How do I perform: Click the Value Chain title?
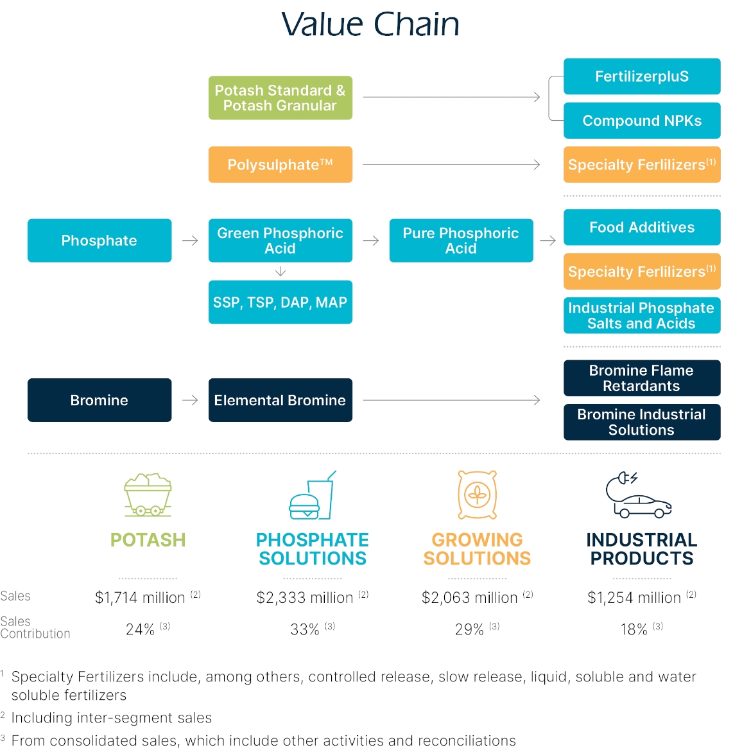[x=370, y=24]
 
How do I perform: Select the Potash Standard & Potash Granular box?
[x=280, y=98]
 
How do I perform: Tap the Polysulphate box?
[x=280, y=164]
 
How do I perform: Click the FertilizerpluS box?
[x=642, y=76]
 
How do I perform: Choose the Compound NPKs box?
[x=642, y=121]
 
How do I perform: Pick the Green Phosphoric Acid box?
[x=280, y=240]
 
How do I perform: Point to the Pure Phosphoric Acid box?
[x=461, y=240]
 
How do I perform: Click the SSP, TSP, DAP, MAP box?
[x=280, y=302]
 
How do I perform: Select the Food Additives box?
[x=642, y=227]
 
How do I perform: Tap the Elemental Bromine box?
[x=280, y=400]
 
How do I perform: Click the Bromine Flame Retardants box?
[x=642, y=378]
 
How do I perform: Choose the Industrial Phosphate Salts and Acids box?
[x=642, y=315]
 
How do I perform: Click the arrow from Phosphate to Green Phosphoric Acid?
[x=190, y=241]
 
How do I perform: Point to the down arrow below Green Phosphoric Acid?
[x=280, y=272]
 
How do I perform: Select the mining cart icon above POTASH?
[x=148, y=495]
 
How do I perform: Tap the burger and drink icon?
[x=313, y=496]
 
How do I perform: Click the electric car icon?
[x=639, y=496]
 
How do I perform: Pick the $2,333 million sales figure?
[x=305, y=598]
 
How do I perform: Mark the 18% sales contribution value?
[x=634, y=629]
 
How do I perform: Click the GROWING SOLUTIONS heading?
[x=477, y=549]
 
